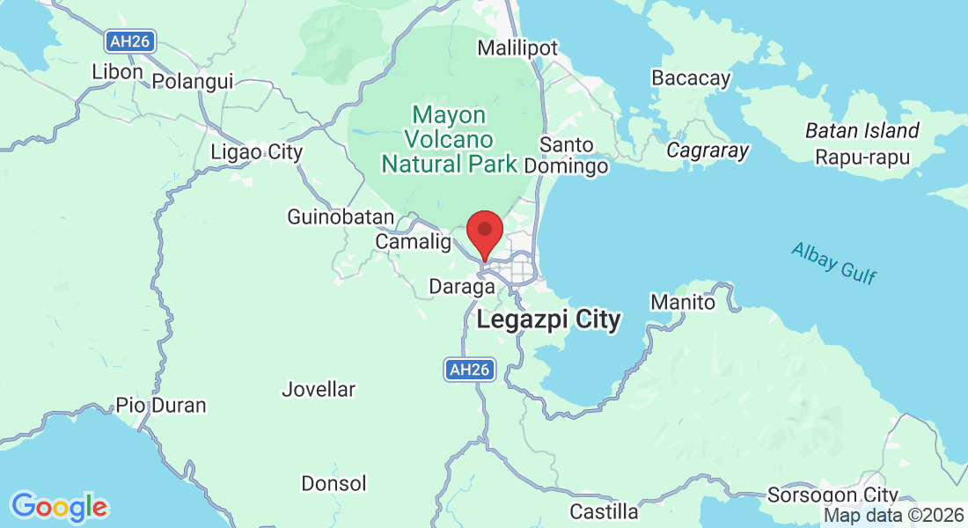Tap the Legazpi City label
click(x=548, y=319)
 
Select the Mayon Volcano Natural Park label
click(x=448, y=139)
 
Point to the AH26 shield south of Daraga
click(x=467, y=370)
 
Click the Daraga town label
click(x=461, y=286)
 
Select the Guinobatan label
click(x=341, y=216)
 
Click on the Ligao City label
click(x=256, y=152)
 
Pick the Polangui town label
click(x=193, y=81)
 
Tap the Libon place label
click(x=117, y=71)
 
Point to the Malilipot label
click(x=517, y=48)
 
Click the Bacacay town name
click(x=691, y=78)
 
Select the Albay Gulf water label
click(x=833, y=262)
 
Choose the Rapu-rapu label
click(x=862, y=158)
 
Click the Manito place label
click(x=683, y=302)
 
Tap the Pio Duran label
click(x=161, y=406)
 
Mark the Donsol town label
click(x=334, y=483)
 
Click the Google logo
click(x=59, y=507)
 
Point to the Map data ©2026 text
click(x=892, y=516)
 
